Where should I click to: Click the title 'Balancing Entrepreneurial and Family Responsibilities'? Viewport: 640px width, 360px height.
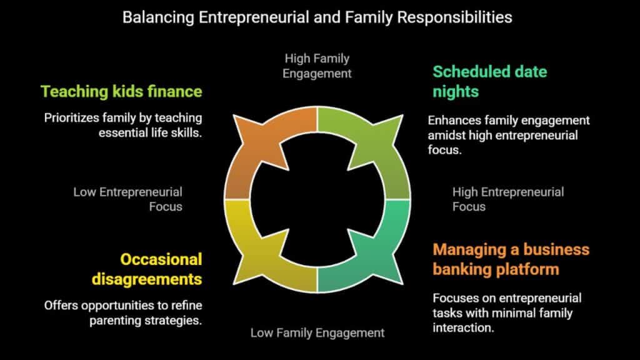(x=317, y=17)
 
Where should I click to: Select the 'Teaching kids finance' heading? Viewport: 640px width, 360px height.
(x=121, y=91)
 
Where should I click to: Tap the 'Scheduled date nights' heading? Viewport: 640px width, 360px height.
(x=490, y=82)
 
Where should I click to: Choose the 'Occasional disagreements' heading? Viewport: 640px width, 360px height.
(x=147, y=269)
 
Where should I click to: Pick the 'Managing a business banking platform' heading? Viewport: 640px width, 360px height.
(x=511, y=259)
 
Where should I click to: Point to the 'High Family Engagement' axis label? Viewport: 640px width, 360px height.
(x=317, y=66)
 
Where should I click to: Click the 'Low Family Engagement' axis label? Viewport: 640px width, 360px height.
(x=317, y=332)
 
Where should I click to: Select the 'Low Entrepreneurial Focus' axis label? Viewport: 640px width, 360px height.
(x=127, y=199)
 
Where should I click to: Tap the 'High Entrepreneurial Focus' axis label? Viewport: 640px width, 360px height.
(x=508, y=199)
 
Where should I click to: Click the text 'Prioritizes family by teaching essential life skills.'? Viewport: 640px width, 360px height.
(x=123, y=125)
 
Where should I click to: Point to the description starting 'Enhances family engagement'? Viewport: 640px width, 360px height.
(x=509, y=135)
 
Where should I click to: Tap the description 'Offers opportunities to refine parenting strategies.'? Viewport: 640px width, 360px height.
(x=123, y=313)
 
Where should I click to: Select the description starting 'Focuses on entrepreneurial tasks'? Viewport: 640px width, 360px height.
(x=507, y=312)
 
